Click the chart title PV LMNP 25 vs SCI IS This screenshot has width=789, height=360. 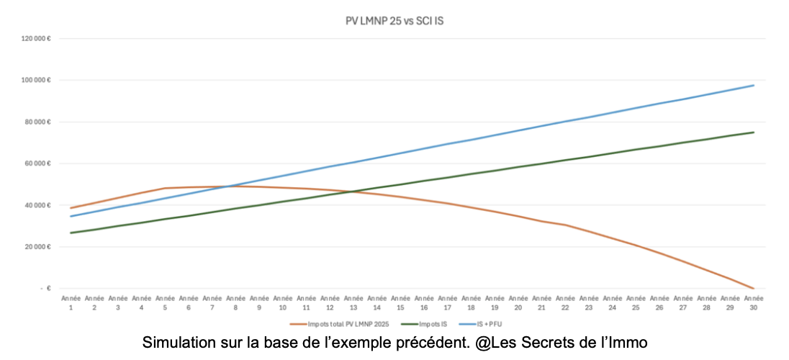[394, 21]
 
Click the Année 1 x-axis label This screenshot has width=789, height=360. [71, 302]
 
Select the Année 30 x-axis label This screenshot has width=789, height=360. [753, 302]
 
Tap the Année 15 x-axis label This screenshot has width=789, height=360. [400, 302]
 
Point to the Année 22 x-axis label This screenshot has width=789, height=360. [565, 302]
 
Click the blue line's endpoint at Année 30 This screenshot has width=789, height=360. [753, 85]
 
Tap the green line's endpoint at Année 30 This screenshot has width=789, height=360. [753, 132]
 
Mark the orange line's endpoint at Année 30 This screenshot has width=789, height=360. [753, 288]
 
